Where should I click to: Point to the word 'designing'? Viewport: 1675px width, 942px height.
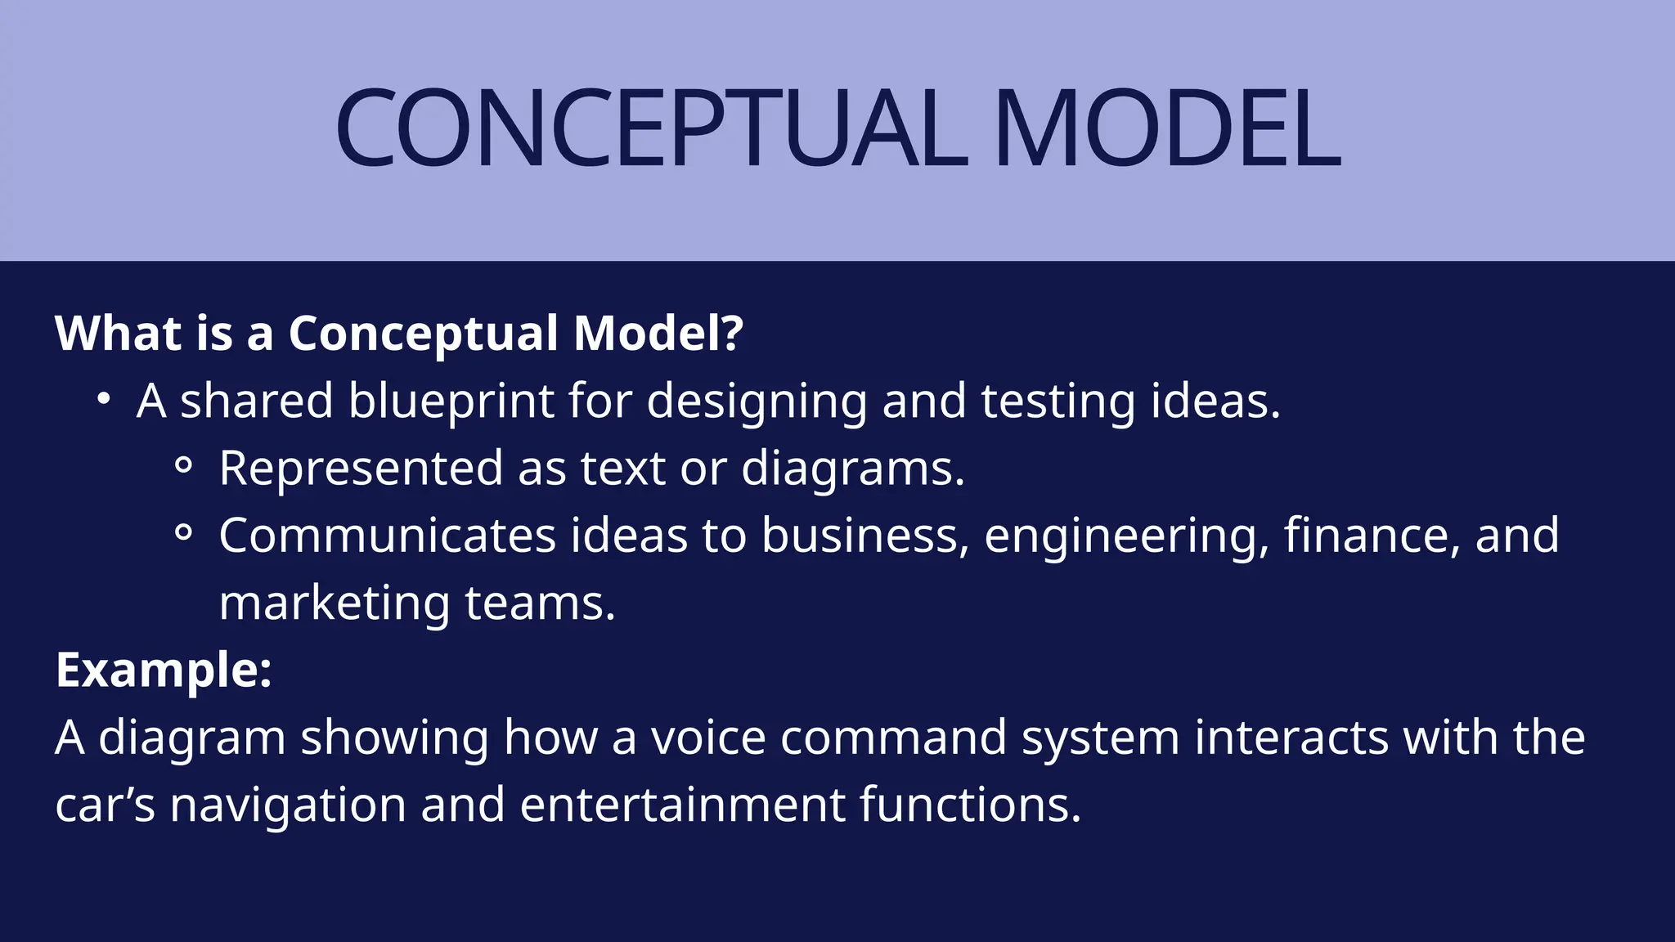[x=757, y=401]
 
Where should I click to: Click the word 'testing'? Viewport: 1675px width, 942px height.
[x=1058, y=401]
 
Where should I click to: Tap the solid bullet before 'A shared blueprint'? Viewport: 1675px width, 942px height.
[x=103, y=400]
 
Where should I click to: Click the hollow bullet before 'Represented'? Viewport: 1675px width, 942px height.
[x=184, y=466]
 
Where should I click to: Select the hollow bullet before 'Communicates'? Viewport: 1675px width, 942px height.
[x=184, y=533]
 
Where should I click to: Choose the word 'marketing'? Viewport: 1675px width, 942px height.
[x=335, y=604]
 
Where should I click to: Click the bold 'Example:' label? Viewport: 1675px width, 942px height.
[x=164, y=671]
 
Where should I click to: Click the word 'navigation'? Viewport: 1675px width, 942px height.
[x=288, y=805]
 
